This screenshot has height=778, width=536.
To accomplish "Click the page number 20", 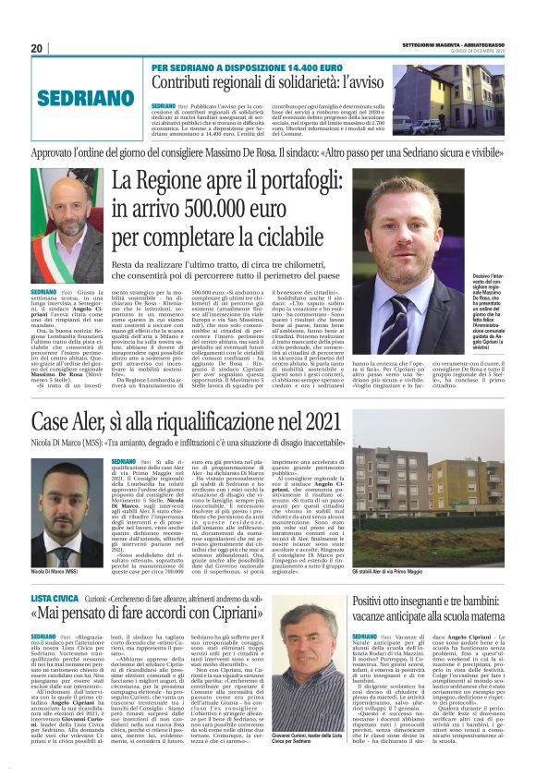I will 37,48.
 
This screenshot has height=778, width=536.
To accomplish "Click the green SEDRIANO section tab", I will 71,95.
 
